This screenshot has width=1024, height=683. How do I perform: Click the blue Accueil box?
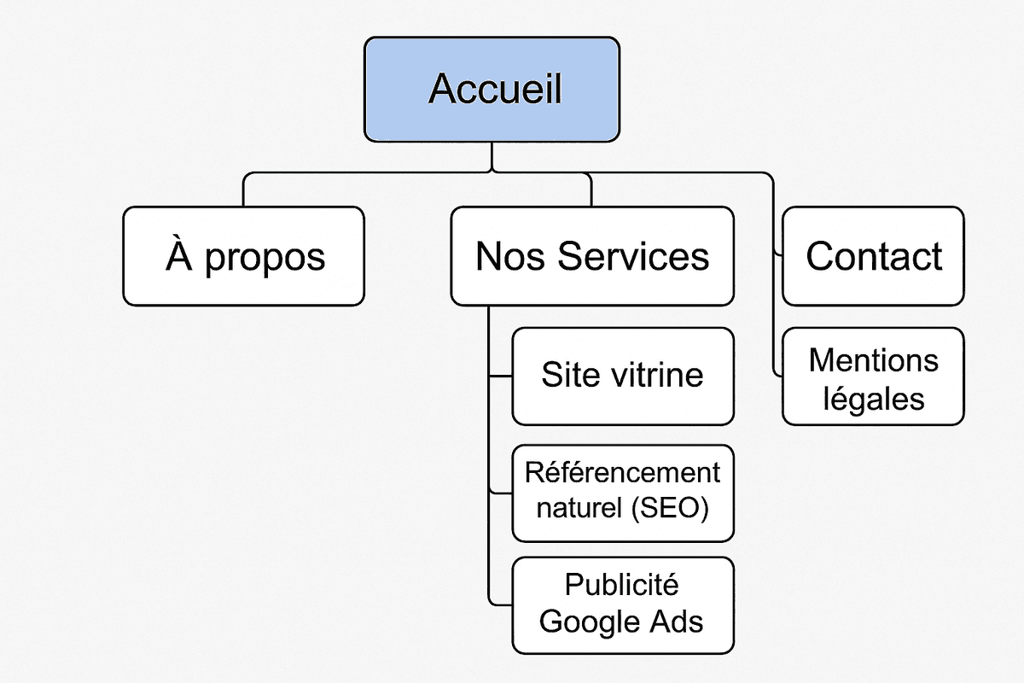point(492,89)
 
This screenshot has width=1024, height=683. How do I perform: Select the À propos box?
point(243,256)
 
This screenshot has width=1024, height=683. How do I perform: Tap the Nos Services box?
point(592,256)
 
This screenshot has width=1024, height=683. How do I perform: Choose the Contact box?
point(873,256)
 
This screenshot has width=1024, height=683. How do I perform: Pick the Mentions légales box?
point(873,377)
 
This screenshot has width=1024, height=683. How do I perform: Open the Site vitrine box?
point(622,376)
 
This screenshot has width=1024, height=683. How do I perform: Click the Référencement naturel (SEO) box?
point(622,492)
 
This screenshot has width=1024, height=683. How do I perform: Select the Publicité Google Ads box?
point(622,604)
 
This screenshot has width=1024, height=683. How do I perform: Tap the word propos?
point(265,258)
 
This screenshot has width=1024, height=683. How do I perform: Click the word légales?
point(874,398)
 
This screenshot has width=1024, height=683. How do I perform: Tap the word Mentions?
point(873,360)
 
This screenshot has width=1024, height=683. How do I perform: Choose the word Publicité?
point(622,586)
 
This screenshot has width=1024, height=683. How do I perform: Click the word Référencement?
point(622,472)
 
